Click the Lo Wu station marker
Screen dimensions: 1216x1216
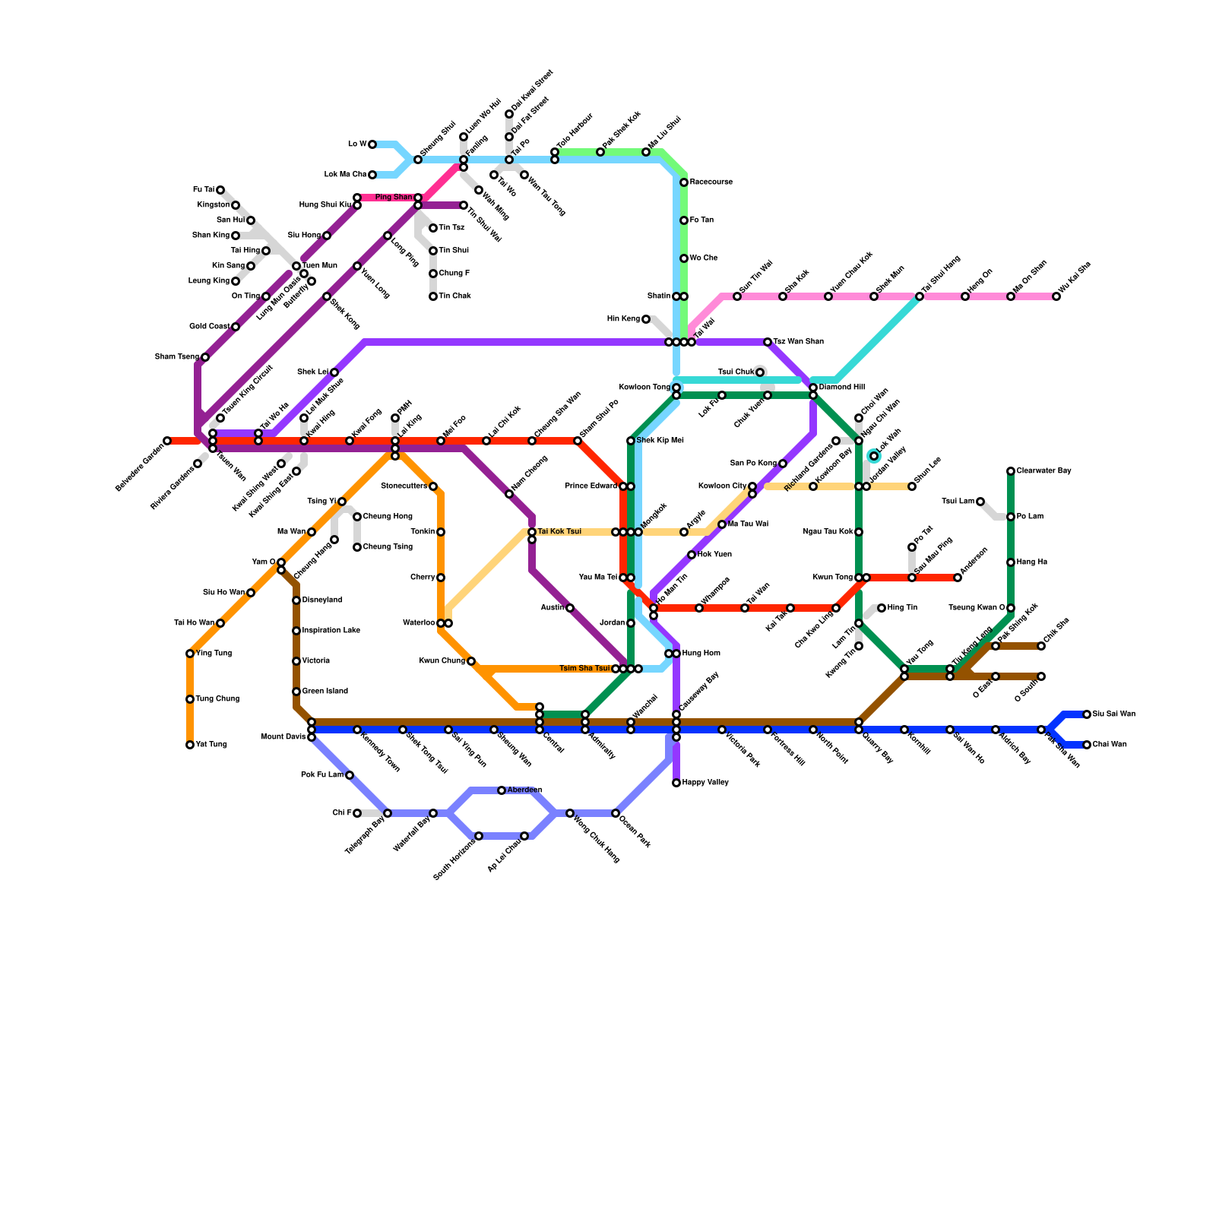coord(372,144)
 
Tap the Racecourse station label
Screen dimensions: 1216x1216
coord(711,182)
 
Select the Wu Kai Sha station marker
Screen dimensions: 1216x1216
coord(1056,296)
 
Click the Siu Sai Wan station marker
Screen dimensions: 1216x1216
coord(1087,714)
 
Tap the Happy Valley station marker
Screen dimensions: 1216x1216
coord(676,783)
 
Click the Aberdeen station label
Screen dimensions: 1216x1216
coord(524,790)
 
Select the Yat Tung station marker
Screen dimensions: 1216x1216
coord(190,745)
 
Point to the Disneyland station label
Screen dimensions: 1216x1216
coord(322,600)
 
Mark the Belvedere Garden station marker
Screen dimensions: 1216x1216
coord(167,441)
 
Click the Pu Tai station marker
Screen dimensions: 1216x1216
coord(220,190)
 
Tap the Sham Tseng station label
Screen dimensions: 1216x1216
coord(176,357)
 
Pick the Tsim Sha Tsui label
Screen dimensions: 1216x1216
coord(584,669)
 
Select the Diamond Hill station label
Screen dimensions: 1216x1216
coord(841,388)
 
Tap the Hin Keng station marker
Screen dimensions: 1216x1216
coord(646,319)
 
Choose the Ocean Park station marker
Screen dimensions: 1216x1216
coord(616,813)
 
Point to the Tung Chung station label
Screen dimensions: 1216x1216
coord(217,699)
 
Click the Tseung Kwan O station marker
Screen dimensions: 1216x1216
coord(1011,608)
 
